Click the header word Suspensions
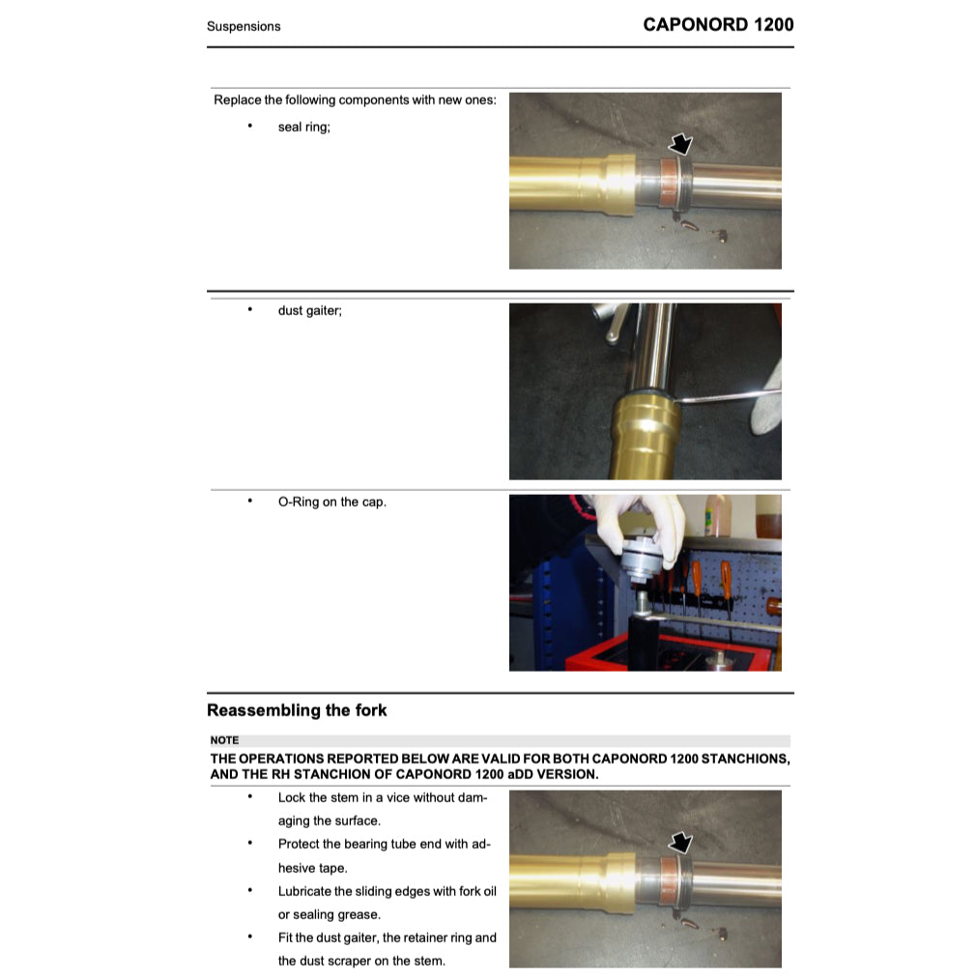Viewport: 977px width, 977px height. (244, 26)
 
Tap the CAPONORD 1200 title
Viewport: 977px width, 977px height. (718, 24)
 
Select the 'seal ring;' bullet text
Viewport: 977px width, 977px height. (303, 127)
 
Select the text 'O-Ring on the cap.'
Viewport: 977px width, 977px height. (331, 502)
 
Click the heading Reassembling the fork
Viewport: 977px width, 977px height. (297, 710)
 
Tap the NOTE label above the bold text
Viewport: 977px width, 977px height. (224, 740)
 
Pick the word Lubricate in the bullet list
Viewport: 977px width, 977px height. (309, 891)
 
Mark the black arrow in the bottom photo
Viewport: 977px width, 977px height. (680, 842)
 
